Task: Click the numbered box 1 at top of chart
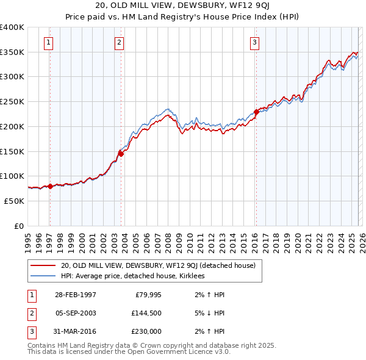(48, 42)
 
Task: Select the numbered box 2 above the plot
(119, 42)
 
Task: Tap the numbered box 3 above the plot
(254, 42)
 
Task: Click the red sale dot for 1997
(50, 186)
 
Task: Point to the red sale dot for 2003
(121, 154)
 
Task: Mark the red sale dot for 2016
(256, 112)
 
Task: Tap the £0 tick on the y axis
(18, 226)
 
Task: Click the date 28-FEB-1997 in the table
(75, 295)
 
